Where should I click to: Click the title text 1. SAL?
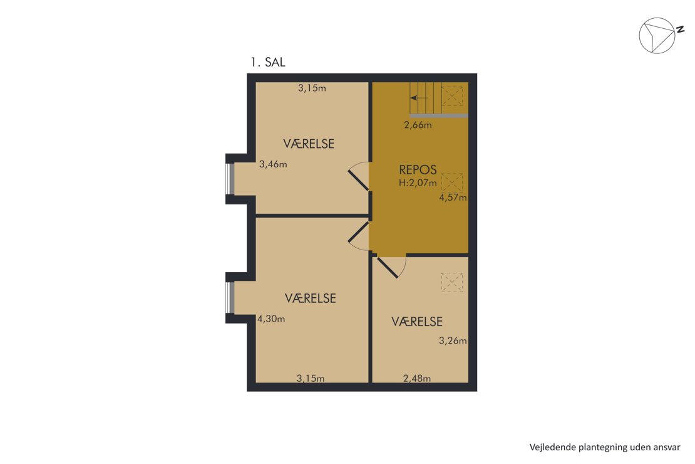(x=268, y=62)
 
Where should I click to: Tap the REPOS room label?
(x=418, y=170)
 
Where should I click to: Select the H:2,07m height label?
(x=418, y=182)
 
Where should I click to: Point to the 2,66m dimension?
(x=418, y=125)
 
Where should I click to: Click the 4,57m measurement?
(x=453, y=198)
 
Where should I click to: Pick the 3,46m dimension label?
(x=273, y=164)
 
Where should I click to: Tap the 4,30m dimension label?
(x=271, y=319)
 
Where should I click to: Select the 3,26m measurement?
(x=453, y=340)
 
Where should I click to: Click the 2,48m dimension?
(x=416, y=378)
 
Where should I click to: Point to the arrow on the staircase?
(x=419, y=98)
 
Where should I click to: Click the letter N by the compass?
(x=679, y=29)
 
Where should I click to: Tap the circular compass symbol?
(x=657, y=36)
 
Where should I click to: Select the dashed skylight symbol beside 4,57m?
(x=451, y=182)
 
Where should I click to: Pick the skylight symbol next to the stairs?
(x=451, y=97)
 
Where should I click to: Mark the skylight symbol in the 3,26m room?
(x=451, y=282)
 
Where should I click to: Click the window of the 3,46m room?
(x=230, y=179)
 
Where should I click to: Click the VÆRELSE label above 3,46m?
(x=309, y=144)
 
